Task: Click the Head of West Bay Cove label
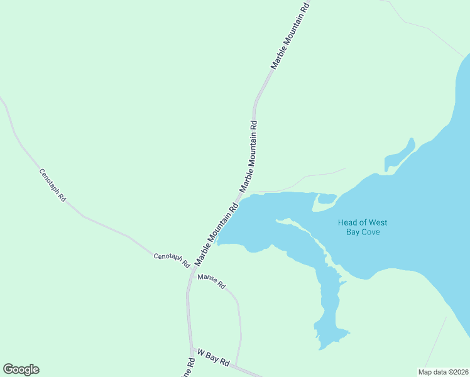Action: click(363, 227)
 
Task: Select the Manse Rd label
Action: click(211, 281)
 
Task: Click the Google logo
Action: click(21, 369)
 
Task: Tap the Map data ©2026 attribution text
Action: click(443, 372)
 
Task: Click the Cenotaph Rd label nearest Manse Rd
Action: click(172, 260)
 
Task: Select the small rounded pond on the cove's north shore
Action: click(326, 199)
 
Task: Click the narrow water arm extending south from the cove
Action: click(328, 302)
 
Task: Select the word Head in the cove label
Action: click(348, 222)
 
